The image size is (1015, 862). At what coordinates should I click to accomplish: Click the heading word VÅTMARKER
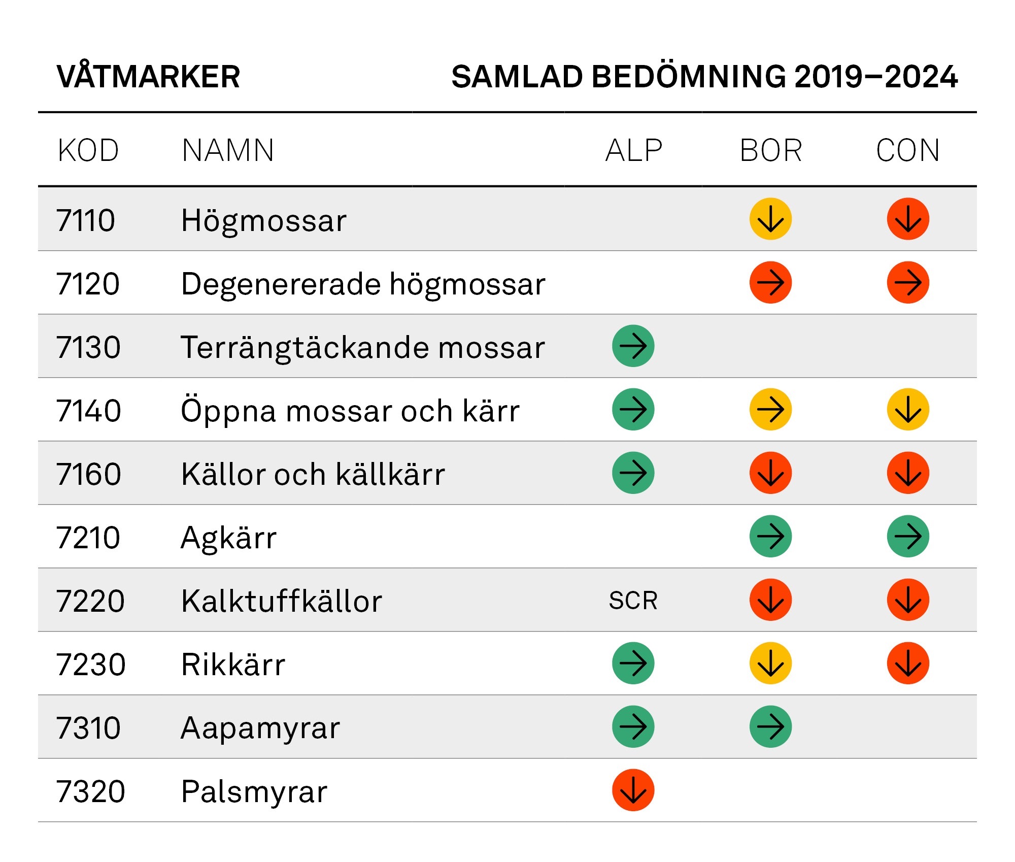(148, 77)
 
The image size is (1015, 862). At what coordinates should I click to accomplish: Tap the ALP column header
(634, 151)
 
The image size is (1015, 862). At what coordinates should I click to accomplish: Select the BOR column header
(771, 151)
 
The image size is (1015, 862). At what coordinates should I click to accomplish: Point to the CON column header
(908, 151)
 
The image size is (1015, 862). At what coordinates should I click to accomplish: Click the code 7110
(86, 220)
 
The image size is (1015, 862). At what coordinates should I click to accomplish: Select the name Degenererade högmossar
(363, 284)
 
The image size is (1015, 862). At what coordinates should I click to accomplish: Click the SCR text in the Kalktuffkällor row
(633, 601)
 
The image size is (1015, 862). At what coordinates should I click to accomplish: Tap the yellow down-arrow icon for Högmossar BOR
(770, 219)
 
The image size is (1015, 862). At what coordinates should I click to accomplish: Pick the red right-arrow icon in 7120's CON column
(908, 282)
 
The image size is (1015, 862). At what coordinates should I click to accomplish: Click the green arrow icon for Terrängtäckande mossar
(633, 346)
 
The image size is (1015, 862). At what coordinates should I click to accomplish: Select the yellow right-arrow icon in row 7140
(770, 409)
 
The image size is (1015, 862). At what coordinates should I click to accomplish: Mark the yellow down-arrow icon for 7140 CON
(908, 409)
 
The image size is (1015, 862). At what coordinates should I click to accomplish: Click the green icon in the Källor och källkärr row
(633, 473)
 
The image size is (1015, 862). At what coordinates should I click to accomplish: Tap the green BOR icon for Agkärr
(770, 536)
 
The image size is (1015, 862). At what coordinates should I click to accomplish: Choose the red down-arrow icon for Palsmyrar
(633, 790)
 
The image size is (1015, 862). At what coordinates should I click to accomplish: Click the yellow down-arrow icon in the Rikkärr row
(770, 663)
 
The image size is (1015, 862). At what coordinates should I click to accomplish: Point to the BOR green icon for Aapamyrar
(770, 726)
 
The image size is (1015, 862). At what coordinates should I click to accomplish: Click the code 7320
(90, 791)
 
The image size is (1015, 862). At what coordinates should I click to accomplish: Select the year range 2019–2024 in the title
(876, 77)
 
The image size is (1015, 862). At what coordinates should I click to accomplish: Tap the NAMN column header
(228, 151)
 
